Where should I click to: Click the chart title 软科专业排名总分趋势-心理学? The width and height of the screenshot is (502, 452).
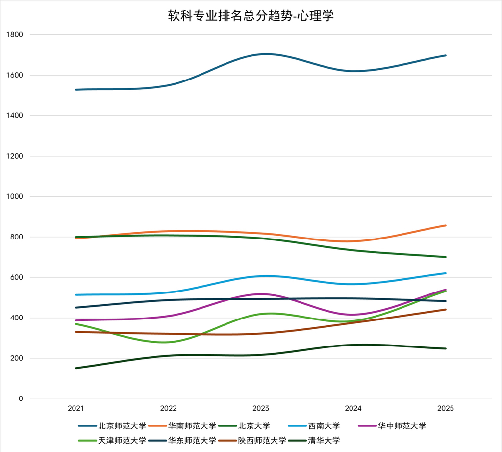click(251, 16)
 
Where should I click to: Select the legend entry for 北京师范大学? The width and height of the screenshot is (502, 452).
click(112, 426)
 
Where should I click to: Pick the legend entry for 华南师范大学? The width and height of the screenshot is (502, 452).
click(182, 426)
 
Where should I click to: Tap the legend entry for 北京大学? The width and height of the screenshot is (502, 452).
click(244, 426)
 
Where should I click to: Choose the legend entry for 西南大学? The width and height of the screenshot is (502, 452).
click(314, 426)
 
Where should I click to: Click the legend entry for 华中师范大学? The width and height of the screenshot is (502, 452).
click(392, 426)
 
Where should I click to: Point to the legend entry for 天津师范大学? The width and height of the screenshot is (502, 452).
click(112, 440)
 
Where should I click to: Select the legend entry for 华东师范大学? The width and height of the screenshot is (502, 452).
click(182, 440)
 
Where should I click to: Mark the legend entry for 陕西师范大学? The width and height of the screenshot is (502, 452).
click(252, 440)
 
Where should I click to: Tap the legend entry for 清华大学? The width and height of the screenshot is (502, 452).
click(314, 440)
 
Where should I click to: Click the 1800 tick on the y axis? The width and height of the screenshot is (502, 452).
click(15, 35)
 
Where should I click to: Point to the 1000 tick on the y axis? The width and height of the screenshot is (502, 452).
click(15, 196)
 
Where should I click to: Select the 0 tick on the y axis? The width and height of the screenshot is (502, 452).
click(21, 399)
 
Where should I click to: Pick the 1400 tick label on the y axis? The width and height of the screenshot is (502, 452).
click(15, 116)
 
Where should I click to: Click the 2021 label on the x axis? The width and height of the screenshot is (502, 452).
click(76, 408)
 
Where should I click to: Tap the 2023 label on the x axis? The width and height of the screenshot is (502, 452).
click(261, 408)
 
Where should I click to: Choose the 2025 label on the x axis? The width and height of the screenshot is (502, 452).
click(446, 408)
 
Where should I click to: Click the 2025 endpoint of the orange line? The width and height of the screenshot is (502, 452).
click(446, 225)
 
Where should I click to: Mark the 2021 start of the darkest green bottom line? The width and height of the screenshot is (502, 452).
click(76, 368)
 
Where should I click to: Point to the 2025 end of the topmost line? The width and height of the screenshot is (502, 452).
click(446, 55)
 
